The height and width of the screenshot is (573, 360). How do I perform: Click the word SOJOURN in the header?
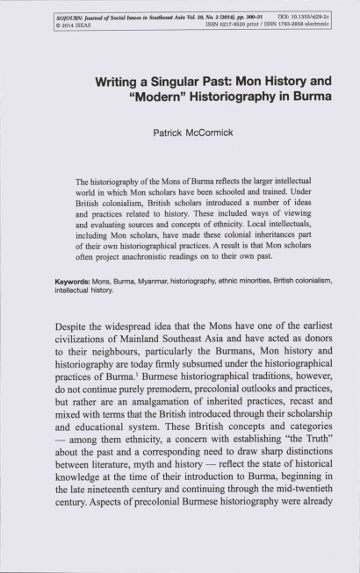[x=67, y=17]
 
